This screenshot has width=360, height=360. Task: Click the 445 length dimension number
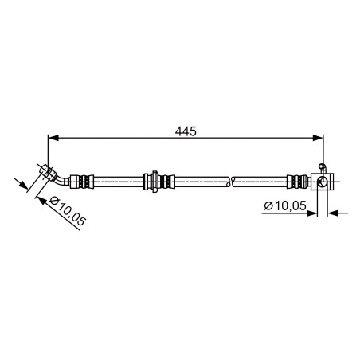[186, 131]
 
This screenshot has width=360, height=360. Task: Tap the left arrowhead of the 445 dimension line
[53, 138]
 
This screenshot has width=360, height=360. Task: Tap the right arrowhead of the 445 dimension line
[318, 138]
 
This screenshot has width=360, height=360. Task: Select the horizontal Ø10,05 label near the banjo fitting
[285, 205]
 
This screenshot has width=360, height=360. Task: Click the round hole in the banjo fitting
[323, 182]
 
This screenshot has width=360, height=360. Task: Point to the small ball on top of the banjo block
[322, 166]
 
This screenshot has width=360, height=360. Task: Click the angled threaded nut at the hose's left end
[48, 172]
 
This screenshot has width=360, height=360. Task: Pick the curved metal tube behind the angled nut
[63, 180]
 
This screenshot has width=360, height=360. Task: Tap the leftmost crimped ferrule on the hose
[82, 182]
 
